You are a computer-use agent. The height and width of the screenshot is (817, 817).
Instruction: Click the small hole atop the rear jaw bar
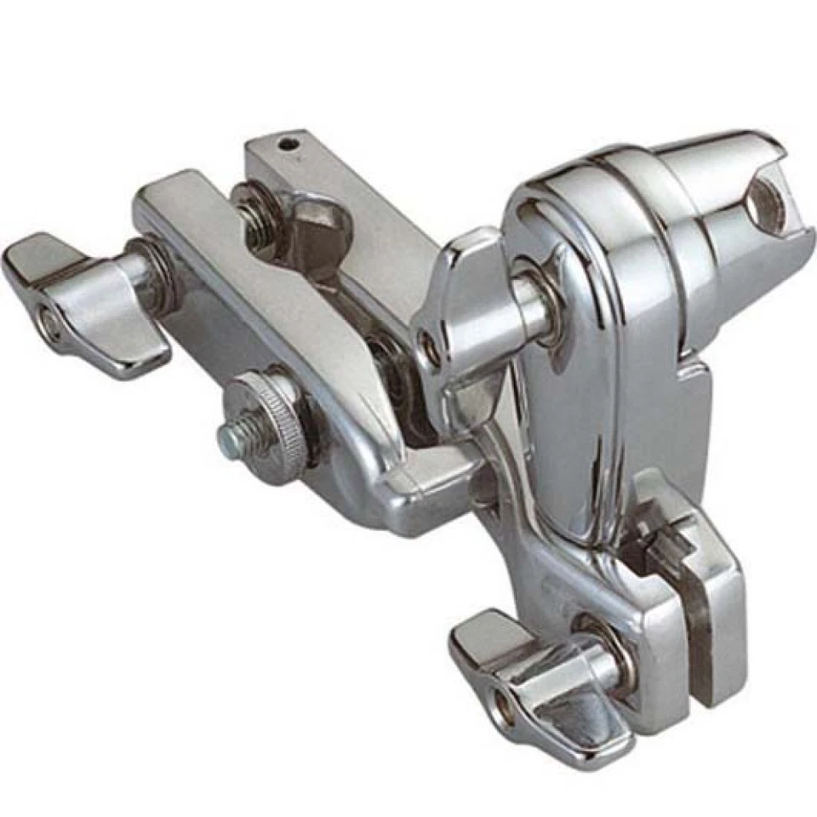[291, 144]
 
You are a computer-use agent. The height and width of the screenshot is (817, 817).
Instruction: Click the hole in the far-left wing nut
[50, 324]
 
